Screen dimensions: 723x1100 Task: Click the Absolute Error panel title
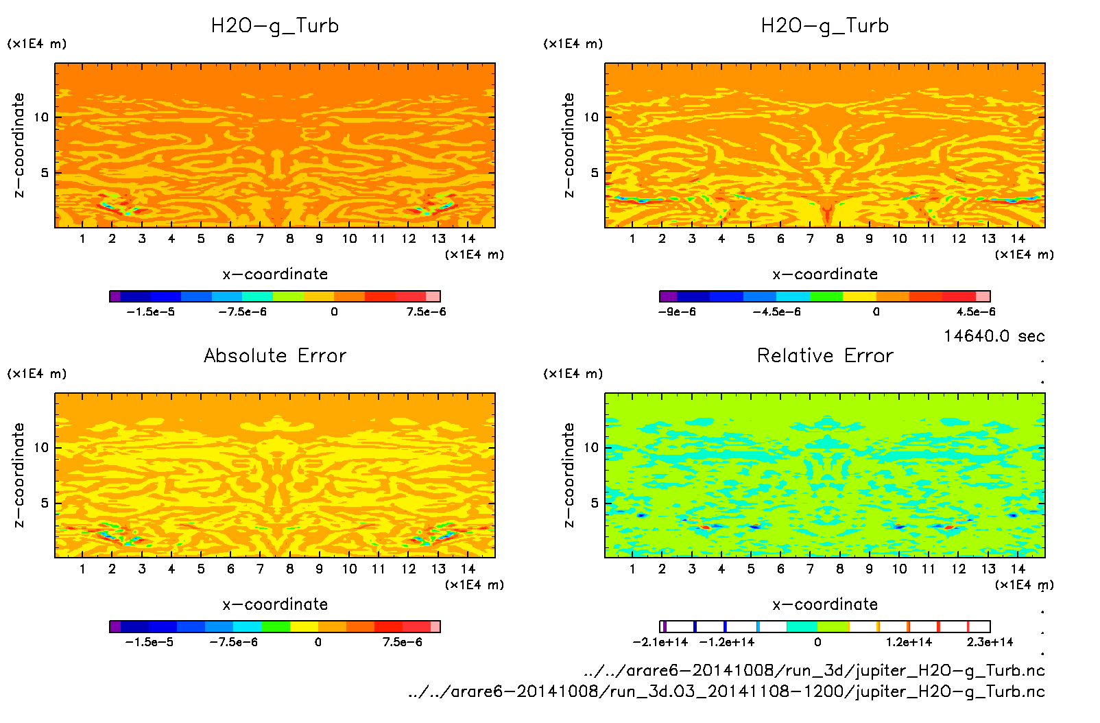point(275,355)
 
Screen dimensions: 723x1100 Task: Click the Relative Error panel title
point(825,355)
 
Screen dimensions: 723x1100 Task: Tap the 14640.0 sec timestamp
point(994,336)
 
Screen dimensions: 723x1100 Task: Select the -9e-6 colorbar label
point(677,311)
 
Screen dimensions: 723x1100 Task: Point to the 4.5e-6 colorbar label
point(976,311)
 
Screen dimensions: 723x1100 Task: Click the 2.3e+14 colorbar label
point(990,642)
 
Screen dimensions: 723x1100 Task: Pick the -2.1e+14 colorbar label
point(660,642)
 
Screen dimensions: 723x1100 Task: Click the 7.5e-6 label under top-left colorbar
point(426,311)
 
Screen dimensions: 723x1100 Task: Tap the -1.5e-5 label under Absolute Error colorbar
point(149,642)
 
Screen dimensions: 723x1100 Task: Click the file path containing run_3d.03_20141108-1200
point(726,691)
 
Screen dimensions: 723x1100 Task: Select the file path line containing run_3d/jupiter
point(814,670)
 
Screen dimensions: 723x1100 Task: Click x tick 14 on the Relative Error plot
point(1018,569)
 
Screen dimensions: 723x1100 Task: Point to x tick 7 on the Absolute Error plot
point(260,569)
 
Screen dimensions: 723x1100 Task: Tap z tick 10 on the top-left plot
point(42,117)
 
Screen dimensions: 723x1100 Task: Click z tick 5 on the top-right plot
point(595,173)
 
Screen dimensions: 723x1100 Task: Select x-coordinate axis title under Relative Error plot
point(825,604)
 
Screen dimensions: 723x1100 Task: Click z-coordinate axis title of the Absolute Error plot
point(19,475)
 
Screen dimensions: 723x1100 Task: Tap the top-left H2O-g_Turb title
point(275,26)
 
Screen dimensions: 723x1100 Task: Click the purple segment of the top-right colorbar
point(668,296)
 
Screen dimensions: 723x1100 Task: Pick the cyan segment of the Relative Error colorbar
point(802,626)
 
